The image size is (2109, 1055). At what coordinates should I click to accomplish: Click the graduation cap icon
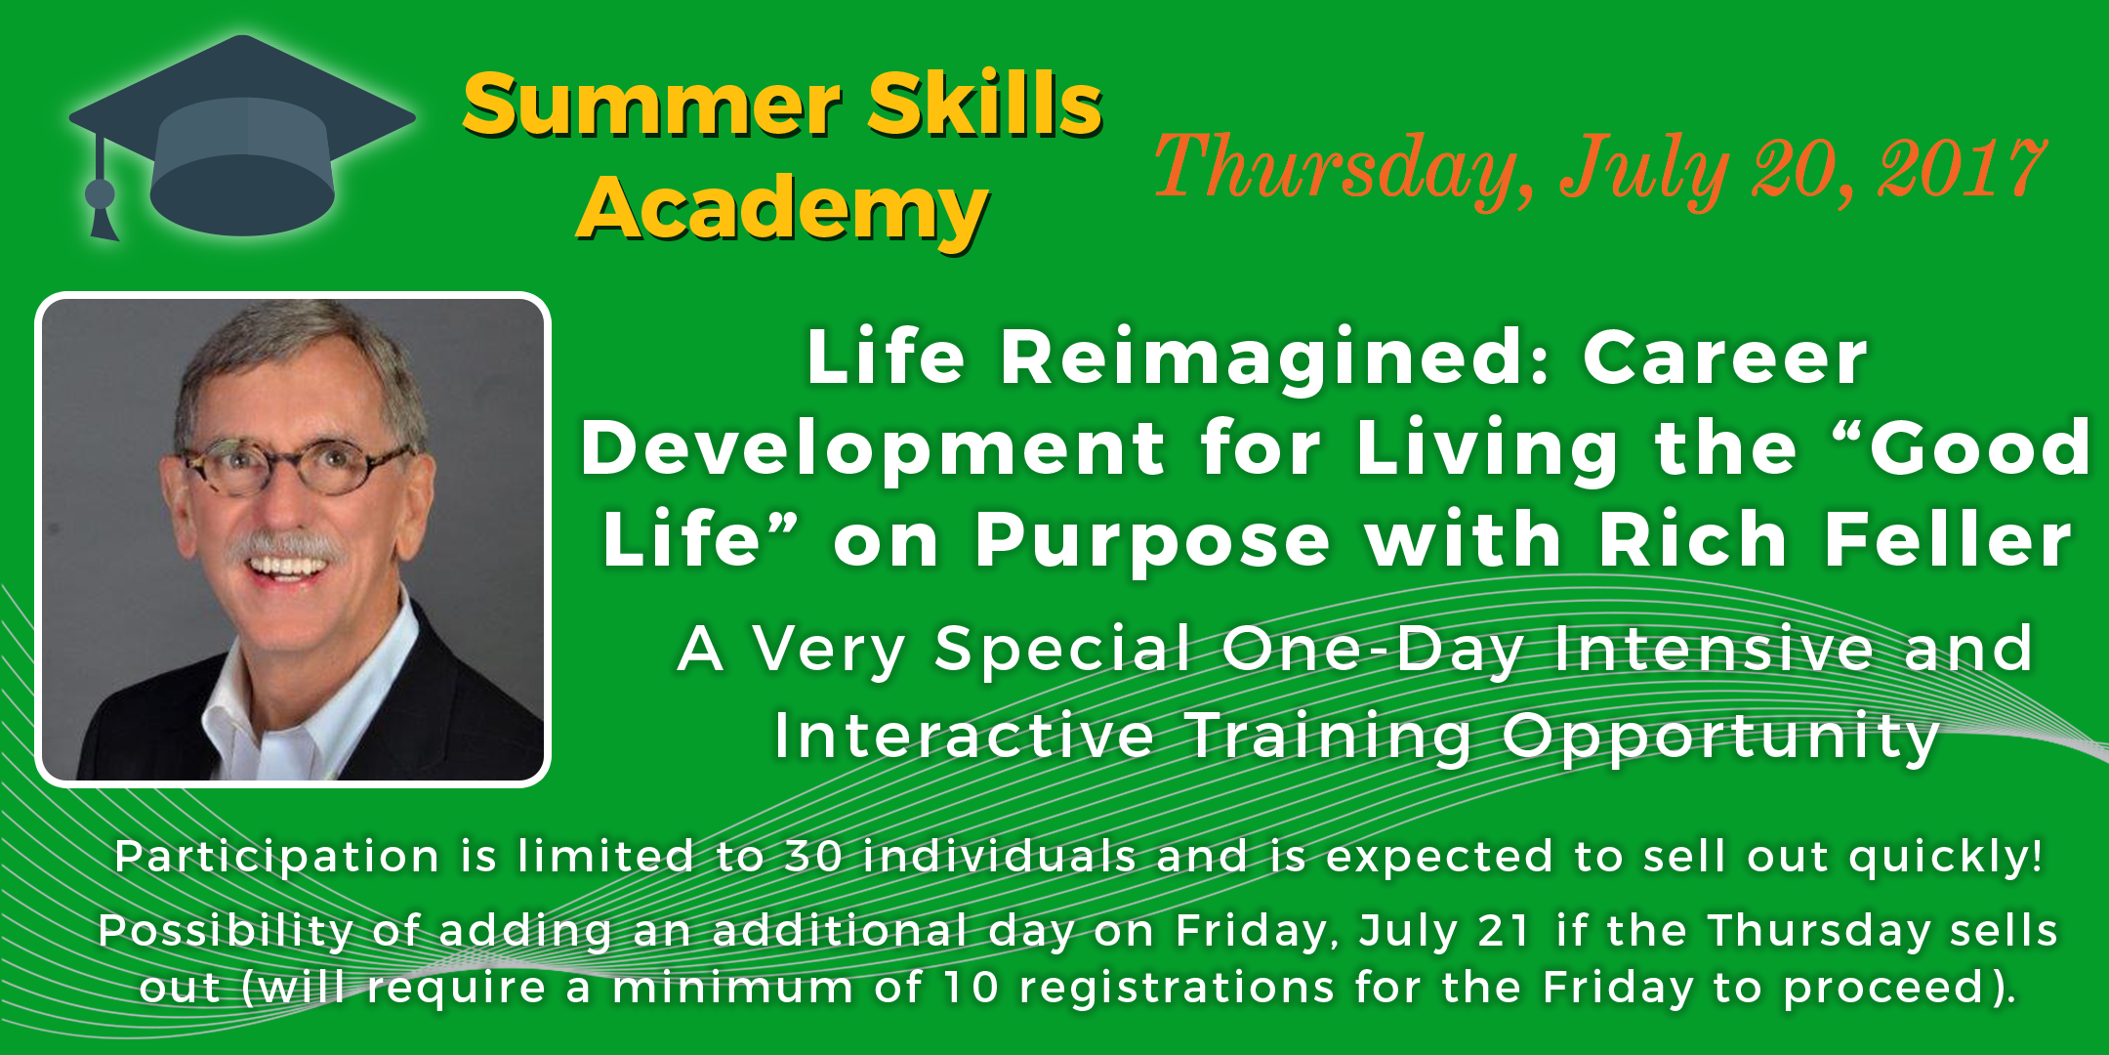click(242, 137)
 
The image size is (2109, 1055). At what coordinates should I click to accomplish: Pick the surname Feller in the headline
click(1949, 539)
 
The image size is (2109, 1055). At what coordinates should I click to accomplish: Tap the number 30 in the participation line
click(813, 857)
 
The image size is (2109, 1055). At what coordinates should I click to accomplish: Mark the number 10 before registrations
click(972, 988)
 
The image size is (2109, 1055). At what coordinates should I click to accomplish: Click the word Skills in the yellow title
click(986, 105)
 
